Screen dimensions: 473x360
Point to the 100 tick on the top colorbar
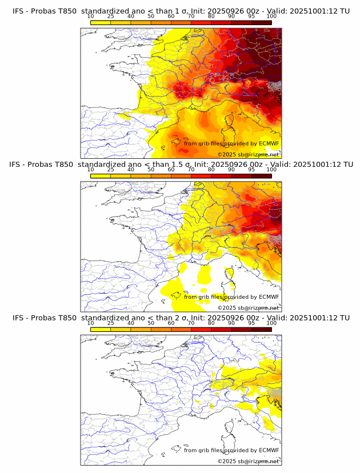[271, 16]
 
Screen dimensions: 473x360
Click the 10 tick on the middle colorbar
[91, 170]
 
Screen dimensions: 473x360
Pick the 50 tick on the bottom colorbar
[151, 323]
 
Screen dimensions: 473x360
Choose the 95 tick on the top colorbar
[251, 16]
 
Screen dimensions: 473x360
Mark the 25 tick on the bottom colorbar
[111, 323]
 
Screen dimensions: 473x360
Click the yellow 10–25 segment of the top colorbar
[101, 22]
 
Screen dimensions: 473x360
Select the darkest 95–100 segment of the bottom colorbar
[261, 329]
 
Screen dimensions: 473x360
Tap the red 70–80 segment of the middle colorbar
[201, 176]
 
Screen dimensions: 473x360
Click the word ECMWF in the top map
[269, 143]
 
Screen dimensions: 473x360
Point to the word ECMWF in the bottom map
[269, 450]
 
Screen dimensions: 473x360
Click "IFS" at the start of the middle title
[19, 165]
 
